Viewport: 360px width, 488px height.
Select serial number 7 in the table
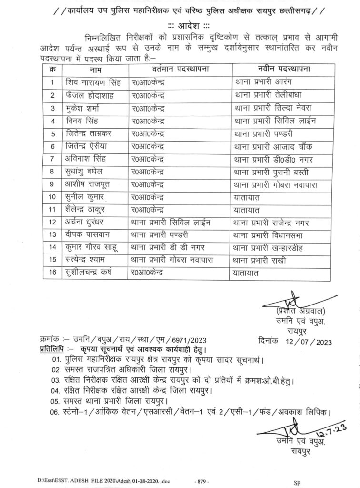click(52, 158)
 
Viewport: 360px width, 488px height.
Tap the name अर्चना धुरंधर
click(87, 222)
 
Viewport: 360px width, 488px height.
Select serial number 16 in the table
click(52, 272)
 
